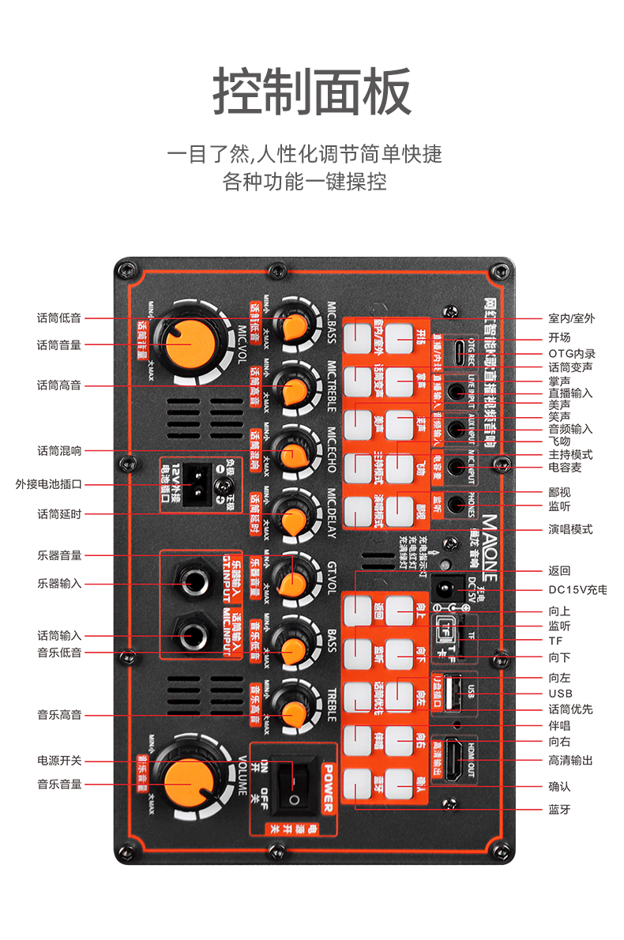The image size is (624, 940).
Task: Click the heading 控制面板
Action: click(x=312, y=92)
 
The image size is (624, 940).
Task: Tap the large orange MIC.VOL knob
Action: click(x=190, y=344)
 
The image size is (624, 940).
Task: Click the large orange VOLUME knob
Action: click(x=190, y=784)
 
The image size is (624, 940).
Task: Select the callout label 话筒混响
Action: click(x=59, y=451)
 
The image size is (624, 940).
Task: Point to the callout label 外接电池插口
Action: click(x=49, y=484)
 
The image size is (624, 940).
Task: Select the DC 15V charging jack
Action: click(x=445, y=589)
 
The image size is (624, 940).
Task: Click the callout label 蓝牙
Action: click(x=559, y=809)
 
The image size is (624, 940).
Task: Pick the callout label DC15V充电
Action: click(x=577, y=590)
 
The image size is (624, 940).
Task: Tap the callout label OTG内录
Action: click(x=572, y=354)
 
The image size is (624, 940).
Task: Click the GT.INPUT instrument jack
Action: click(x=193, y=583)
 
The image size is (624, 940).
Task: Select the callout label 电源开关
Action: click(x=59, y=761)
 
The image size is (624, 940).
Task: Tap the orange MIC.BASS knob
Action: click(x=295, y=325)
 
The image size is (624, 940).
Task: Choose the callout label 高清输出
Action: click(x=570, y=760)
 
